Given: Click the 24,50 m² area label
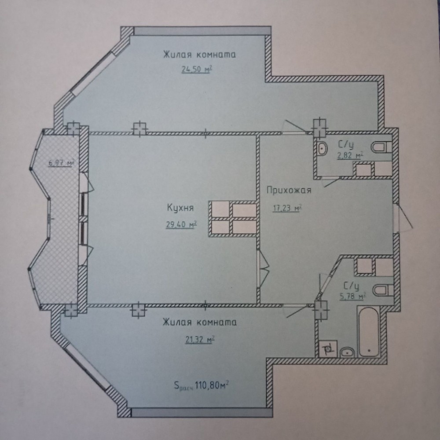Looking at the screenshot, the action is [x=197, y=69].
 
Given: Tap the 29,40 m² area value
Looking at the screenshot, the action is [x=181, y=224].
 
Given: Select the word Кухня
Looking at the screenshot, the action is [x=180, y=208].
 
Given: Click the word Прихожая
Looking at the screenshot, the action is [x=289, y=191].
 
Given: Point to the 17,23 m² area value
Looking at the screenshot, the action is [x=287, y=208].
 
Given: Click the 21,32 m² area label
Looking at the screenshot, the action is [x=200, y=340].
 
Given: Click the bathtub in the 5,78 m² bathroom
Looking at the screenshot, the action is [x=368, y=331].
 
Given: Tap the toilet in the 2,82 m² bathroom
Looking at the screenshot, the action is [x=381, y=147].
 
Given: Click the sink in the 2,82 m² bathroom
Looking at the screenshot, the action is [x=323, y=148].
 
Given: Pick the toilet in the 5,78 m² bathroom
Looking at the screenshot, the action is [x=383, y=290].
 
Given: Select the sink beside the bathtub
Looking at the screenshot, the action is [x=347, y=352].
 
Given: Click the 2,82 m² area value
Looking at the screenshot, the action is [x=350, y=155].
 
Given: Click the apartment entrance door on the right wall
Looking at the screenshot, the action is [x=402, y=217].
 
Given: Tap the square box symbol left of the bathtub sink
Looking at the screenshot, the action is [x=328, y=348].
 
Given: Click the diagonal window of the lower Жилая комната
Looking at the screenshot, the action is [x=88, y=367].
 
